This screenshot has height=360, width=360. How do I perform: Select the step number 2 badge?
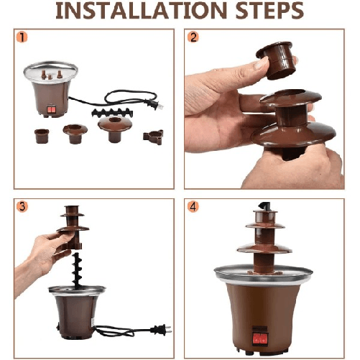tap(193, 37)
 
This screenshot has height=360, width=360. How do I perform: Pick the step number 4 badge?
tap(193, 206)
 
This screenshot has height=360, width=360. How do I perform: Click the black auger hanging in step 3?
tap(77, 268)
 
